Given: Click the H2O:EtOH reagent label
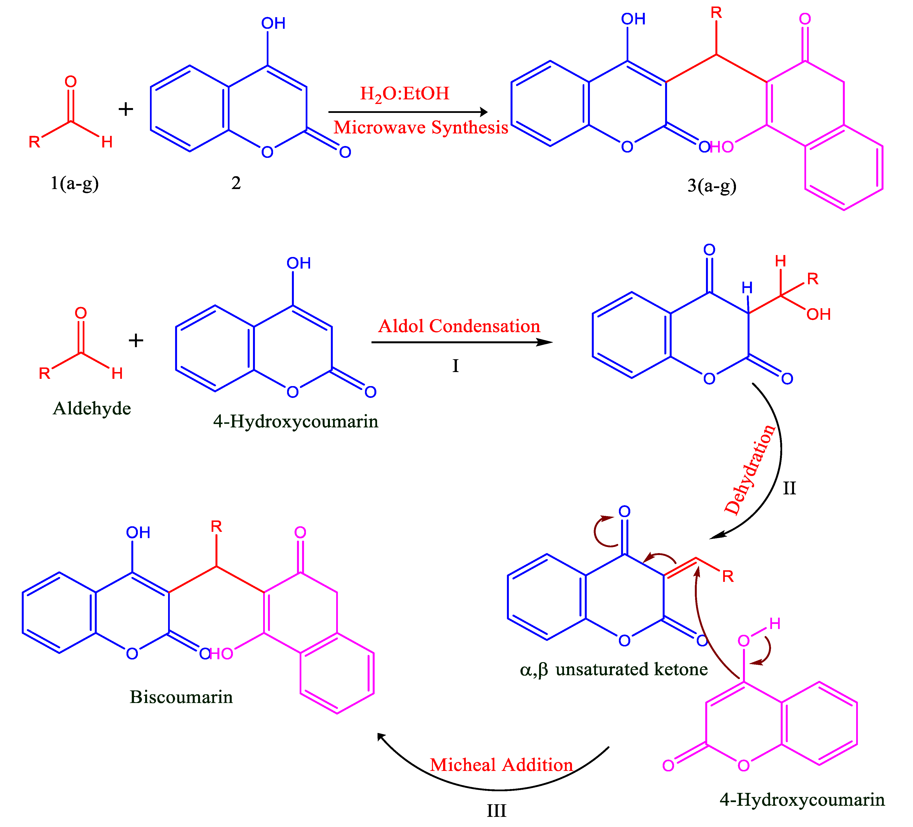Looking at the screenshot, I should [404, 94].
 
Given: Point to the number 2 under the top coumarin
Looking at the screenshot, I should [236, 183].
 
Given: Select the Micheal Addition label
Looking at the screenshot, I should [501, 765].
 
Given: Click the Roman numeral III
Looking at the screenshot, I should [496, 810].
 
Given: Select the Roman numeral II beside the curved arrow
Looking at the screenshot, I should [789, 488].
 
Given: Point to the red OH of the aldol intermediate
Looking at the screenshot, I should [818, 314].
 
